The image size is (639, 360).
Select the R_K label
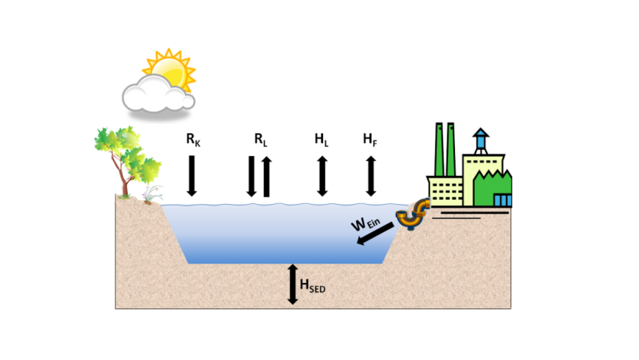tap(193, 139)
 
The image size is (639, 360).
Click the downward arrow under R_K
tap(192, 175)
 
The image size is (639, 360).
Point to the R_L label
tap(260, 139)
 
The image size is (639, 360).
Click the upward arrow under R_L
tap(267, 177)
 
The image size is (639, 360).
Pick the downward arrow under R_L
tap(252, 175)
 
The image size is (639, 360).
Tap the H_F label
tap(370, 139)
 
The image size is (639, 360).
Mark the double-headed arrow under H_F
tap(371, 176)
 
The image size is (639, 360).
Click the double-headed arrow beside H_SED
tap(293, 284)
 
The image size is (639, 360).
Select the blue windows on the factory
tap(502, 200)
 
